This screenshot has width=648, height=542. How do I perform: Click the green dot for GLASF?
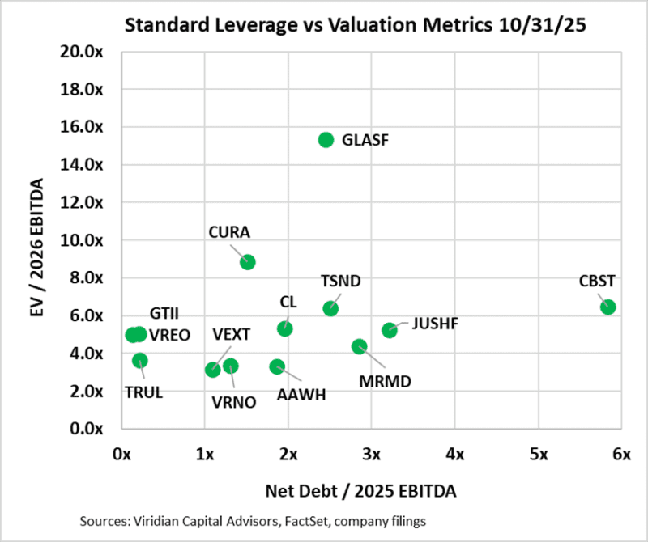(326, 139)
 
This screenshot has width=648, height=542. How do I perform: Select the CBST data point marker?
(607, 307)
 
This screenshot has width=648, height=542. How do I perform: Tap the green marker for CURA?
(248, 261)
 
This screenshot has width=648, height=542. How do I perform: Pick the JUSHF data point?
(390, 329)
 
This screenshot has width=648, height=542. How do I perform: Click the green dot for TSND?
(330, 308)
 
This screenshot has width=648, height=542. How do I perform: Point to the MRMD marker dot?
(360, 346)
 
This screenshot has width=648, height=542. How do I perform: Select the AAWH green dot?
(277, 366)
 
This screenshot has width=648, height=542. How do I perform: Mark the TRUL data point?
(140, 360)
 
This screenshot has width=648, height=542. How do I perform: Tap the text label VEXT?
(231, 334)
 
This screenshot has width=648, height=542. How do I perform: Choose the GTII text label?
(164, 313)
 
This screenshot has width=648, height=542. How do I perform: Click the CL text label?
(288, 303)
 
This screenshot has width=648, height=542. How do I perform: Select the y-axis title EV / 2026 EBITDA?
(37, 240)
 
